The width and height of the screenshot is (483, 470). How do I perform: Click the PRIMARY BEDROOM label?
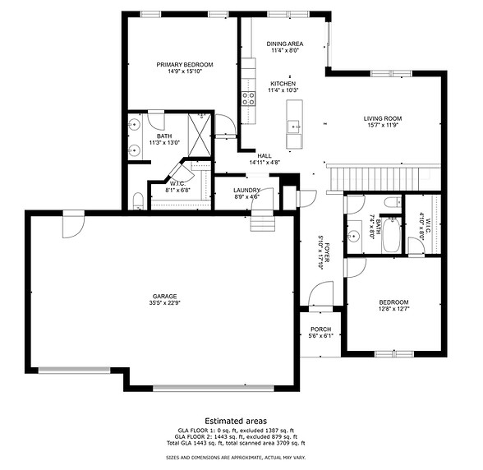[x=185, y=64]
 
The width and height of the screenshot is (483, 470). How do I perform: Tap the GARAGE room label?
[x=163, y=296]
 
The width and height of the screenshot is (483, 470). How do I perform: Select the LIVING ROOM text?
[x=385, y=118]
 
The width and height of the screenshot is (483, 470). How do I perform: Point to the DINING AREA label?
[x=284, y=44]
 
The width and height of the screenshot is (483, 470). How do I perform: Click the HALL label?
[x=264, y=155]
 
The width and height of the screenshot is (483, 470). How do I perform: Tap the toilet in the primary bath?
[x=138, y=200]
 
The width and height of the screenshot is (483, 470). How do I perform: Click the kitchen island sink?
[x=293, y=126]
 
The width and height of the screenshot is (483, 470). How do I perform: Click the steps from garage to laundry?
[x=262, y=223]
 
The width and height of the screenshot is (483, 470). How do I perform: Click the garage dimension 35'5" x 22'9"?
[x=163, y=303]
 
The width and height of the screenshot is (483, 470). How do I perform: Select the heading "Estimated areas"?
[x=241, y=420]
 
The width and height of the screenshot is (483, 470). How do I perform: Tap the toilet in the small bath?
[x=392, y=201]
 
